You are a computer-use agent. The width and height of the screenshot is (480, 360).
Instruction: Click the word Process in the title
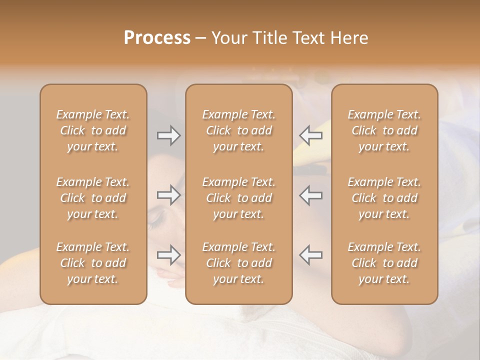[x=157, y=38]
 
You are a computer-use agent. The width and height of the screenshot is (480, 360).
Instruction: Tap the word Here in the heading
[x=349, y=38]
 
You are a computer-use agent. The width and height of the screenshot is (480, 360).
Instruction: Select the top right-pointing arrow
[x=168, y=135]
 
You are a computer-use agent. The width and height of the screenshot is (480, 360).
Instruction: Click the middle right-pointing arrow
[x=168, y=195]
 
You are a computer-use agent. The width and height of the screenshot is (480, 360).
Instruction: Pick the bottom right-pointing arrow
[x=168, y=255]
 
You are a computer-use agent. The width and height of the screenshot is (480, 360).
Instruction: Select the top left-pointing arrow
[x=311, y=135]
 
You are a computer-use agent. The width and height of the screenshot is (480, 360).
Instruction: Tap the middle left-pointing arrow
[x=311, y=195]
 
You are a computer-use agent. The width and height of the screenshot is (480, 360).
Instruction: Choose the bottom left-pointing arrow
[x=311, y=255]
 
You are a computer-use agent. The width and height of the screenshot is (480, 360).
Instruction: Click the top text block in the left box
[x=93, y=130]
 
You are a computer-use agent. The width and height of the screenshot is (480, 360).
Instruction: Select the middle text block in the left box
[x=93, y=198]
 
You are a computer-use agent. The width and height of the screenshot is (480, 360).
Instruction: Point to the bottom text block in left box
[x=93, y=263]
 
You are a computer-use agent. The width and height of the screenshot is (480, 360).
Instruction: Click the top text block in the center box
[x=238, y=130]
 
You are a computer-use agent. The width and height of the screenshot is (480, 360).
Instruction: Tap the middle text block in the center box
[x=238, y=198]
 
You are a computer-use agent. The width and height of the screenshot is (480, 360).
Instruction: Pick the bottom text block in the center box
[x=238, y=263]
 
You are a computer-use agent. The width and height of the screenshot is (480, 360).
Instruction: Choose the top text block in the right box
[x=384, y=130]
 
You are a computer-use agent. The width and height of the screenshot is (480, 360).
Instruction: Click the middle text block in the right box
[x=384, y=198]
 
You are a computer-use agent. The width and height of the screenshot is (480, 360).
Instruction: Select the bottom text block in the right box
[x=384, y=263]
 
